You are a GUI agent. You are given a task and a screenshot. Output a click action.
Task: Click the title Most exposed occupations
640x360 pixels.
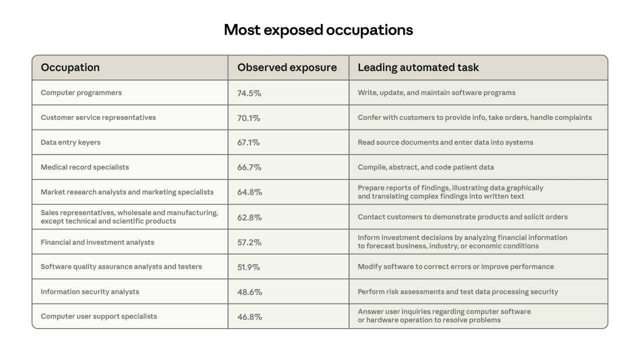(x=318, y=30)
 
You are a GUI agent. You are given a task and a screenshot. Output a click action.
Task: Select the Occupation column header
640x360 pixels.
(x=70, y=67)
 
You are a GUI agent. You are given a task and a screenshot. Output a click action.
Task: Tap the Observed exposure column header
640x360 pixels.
(x=287, y=67)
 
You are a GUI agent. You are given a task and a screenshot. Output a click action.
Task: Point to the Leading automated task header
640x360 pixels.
(x=418, y=67)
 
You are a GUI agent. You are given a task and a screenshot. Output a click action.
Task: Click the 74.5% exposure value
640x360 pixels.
(x=249, y=93)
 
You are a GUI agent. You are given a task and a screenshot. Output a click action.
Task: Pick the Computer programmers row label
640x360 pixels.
(x=81, y=92)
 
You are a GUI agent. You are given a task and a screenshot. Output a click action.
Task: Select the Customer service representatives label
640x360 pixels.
(x=98, y=117)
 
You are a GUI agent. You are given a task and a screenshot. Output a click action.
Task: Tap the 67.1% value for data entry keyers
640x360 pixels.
(x=248, y=142)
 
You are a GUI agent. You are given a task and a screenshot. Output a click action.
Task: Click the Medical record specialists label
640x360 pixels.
(x=84, y=167)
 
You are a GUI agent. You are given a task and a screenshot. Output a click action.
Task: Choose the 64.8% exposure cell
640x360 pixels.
(x=249, y=192)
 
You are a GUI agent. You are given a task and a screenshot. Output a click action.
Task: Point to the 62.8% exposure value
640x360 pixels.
(x=249, y=217)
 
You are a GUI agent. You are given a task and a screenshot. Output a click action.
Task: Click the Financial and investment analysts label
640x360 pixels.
(x=97, y=242)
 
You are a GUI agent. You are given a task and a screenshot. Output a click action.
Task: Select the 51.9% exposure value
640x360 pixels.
(x=248, y=267)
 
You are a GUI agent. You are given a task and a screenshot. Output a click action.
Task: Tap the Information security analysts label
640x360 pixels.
(x=90, y=291)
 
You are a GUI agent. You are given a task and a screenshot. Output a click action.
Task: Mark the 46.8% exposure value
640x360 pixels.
(x=249, y=316)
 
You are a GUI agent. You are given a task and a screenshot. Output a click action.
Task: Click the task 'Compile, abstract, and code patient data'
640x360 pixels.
(x=425, y=167)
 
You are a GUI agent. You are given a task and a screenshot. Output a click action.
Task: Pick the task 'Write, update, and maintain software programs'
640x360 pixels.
(x=436, y=92)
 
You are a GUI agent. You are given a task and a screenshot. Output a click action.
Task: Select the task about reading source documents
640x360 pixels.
(x=445, y=142)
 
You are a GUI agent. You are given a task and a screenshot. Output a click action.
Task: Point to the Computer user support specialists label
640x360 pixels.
(x=99, y=316)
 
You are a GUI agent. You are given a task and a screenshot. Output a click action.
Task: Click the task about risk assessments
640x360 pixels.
(x=457, y=291)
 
